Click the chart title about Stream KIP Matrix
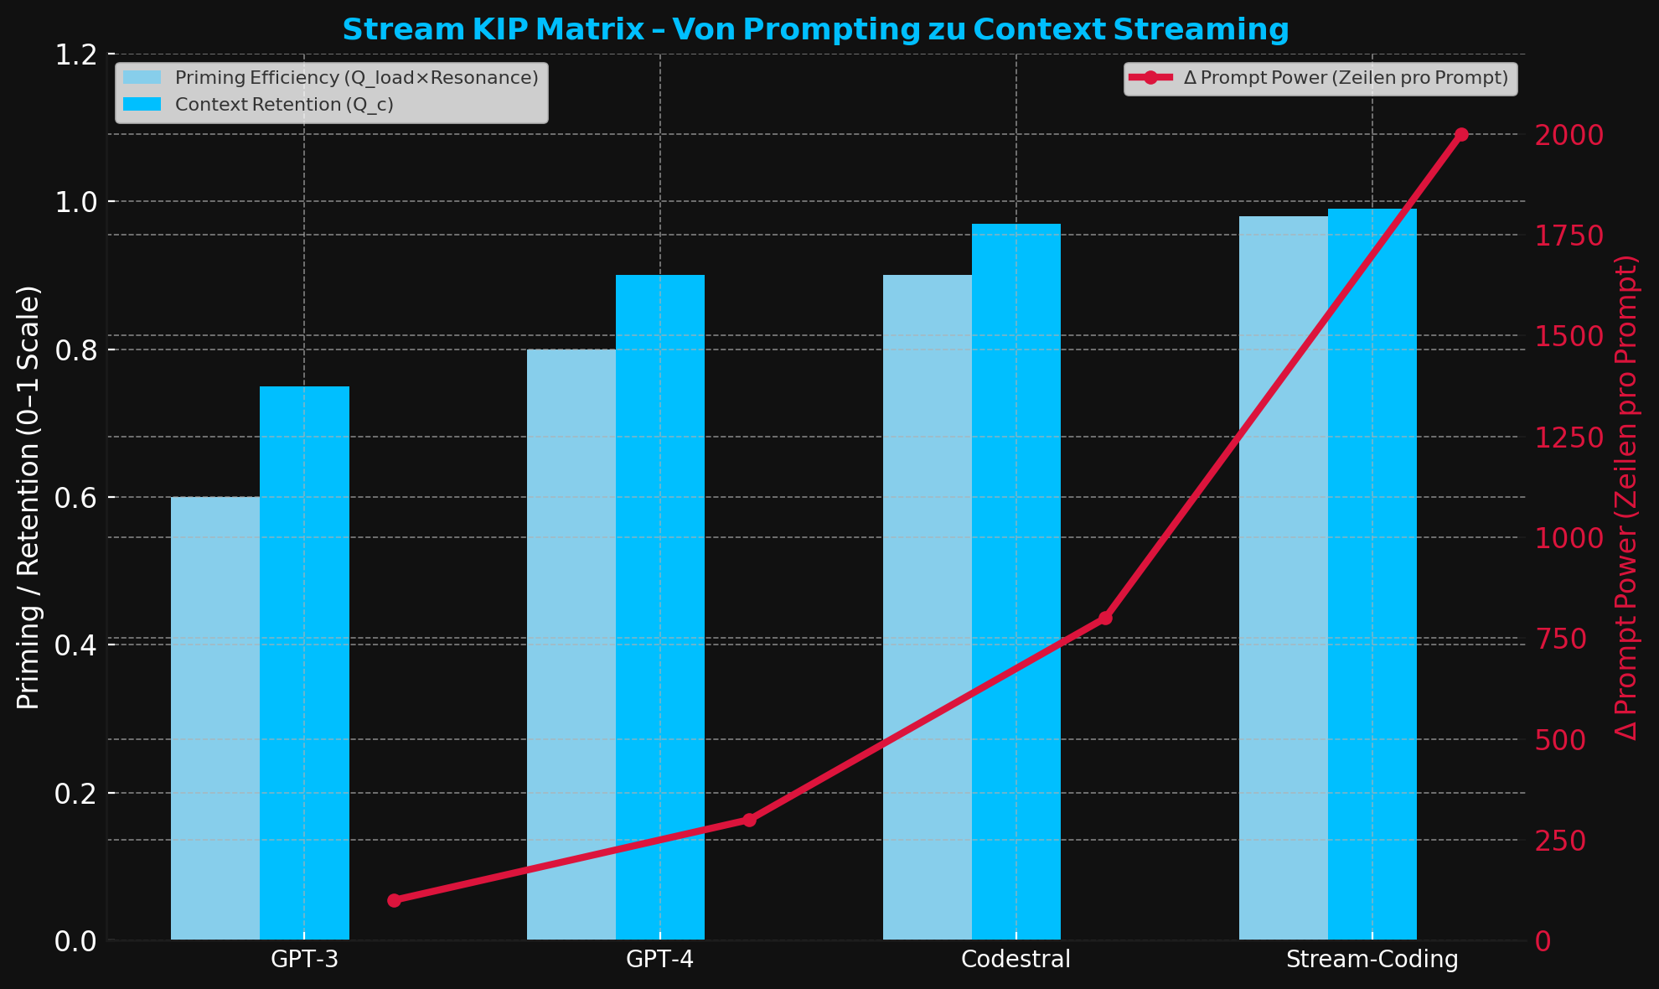click(815, 30)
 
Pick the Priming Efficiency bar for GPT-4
click(571, 645)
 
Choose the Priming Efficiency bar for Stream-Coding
click(1284, 578)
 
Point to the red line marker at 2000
click(1461, 135)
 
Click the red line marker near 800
click(1105, 619)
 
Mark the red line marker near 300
click(749, 820)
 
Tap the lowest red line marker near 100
click(394, 900)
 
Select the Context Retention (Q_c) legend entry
click(284, 105)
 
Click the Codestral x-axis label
click(1016, 960)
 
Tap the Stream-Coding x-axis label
click(1372, 960)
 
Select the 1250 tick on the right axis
click(1569, 438)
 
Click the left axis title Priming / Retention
click(28, 498)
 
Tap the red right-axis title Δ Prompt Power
click(1626, 498)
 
